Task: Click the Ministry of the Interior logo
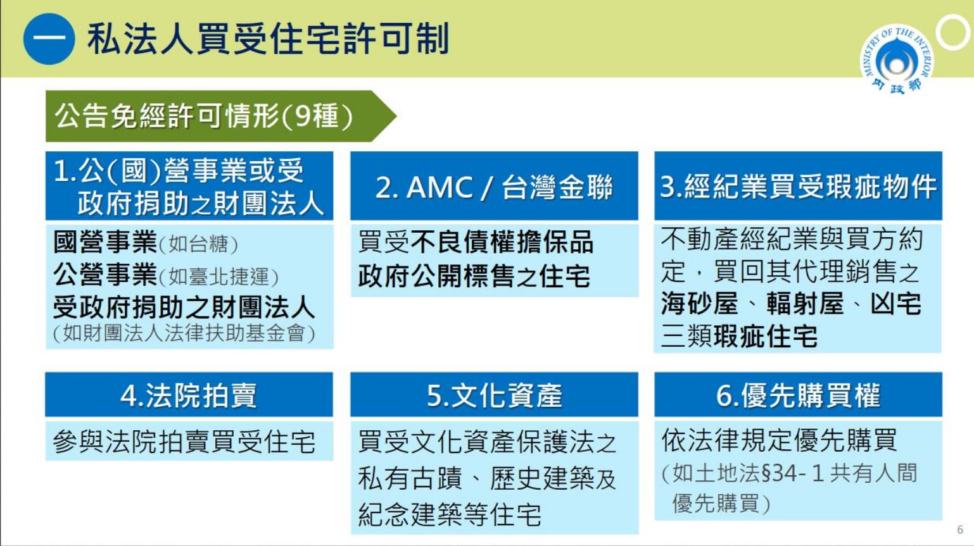pyautogui.click(x=897, y=59)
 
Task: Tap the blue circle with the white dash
pyautogui.click(x=49, y=39)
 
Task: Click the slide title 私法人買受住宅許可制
pyautogui.click(x=268, y=39)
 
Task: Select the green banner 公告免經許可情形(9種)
pyautogui.click(x=221, y=116)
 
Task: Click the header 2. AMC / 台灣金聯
pyautogui.click(x=494, y=187)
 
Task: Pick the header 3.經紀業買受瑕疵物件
pyautogui.click(x=798, y=187)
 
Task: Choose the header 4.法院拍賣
pyautogui.click(x=189, y=395)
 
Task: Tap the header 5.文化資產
pyautogui.click(x=494, y=395)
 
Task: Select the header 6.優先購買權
pyautogui.click(x=798, y=395)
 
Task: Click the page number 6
pyautogui.click(x=960, y=530)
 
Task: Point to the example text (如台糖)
pyautogui.click(x=198, y=244)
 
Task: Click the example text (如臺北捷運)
pyautogui.click(x=218, y=276)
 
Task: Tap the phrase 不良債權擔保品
pyautogui.click(x=502, y=242)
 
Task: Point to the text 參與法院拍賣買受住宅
pyautogui.click(x=184, y=442)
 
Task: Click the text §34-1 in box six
pyautogui.click(x=792, y=473)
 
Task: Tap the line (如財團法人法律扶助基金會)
pyautogui.click(x=184, y=333)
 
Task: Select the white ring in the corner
pyautogui.click(x=952, y=32)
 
